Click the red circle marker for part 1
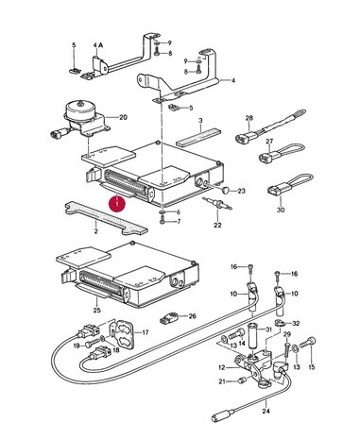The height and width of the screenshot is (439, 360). click(117, 204)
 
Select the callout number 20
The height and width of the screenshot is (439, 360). click(123, 117)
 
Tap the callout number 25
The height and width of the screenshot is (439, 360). click(97, 311)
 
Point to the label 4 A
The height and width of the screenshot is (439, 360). click(98, 45)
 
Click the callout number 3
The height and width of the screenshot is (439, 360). click(200, 121)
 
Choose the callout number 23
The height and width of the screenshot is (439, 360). click(241, 191)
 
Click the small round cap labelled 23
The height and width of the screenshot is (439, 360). click(226, 190)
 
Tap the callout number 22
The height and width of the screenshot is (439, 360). click(217, 225)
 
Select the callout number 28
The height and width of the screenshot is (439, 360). click(249, 118)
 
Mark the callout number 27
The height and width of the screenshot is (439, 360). click(269, 142)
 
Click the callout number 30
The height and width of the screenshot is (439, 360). click(281, 210)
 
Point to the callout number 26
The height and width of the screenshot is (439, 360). click(192, 316)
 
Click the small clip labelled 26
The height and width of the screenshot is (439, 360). click(169, 318)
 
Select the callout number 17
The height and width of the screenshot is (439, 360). click(146, 332)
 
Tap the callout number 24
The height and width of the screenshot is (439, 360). click(266, 411)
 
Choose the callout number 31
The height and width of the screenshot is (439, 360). click(268, 329)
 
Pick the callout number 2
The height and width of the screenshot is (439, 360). click(95, 231)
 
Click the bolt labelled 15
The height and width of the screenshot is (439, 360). click(307, 342)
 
